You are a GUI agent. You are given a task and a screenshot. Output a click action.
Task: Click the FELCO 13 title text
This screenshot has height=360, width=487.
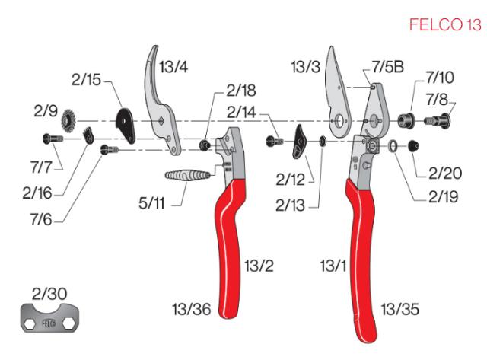(x=445, y=26)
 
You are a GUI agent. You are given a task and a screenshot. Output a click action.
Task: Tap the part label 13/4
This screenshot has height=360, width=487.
(x=173, y=67)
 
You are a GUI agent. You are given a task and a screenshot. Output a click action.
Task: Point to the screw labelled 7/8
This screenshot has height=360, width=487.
(x=437, y=119)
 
